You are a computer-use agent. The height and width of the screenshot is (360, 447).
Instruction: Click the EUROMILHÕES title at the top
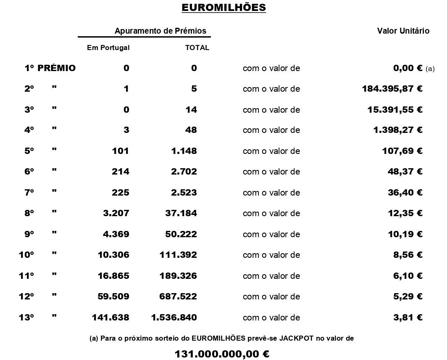coord(223,8)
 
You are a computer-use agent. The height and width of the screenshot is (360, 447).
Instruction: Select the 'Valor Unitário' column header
coord(403,31)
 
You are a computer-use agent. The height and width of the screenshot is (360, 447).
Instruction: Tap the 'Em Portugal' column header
coord(108,48)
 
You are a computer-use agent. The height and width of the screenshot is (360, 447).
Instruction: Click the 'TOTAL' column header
coord(197,48)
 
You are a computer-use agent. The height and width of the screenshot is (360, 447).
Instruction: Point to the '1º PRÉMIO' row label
coord(50,68)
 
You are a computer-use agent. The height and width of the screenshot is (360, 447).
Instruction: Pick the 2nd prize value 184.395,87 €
coord(392,89)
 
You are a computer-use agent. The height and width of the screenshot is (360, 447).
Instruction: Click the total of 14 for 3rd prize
coord(191,110)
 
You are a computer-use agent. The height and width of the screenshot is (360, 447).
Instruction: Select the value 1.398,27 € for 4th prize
coord(397,130)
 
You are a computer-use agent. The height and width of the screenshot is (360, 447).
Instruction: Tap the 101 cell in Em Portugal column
coord(120,151)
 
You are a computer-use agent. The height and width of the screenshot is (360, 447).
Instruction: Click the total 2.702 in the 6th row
coord(184,172)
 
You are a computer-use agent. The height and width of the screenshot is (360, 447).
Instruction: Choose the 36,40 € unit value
coord(405,193)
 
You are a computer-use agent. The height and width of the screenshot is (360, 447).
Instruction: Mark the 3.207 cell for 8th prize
coord(116,213)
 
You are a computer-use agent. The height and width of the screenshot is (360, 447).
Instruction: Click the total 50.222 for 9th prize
coord(181,234)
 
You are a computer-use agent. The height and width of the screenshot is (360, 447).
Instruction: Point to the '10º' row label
coord(26,255)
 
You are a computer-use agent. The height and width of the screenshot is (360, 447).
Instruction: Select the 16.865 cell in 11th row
coord(113,276)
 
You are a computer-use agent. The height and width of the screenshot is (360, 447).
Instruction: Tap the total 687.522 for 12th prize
coord(178,296)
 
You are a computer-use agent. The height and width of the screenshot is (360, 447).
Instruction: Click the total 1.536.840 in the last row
coord(174,318)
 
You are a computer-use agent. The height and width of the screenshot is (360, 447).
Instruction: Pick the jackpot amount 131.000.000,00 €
coord(222,354)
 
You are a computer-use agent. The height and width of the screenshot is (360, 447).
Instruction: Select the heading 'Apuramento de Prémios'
coord(160,31)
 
